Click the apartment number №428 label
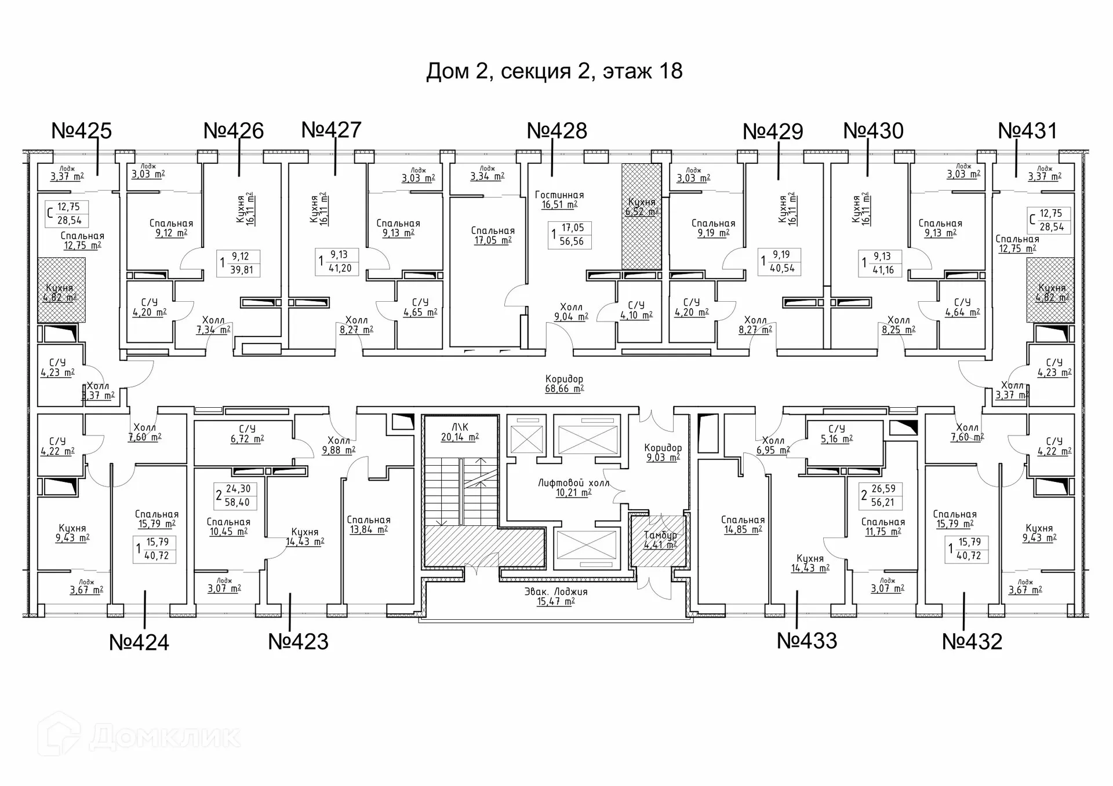point(556,131)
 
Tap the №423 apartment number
point(298,642)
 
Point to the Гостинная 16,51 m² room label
point(559,200)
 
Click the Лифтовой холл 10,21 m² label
point(573,488)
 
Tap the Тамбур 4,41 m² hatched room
point(660,540)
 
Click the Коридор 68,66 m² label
point(564,384)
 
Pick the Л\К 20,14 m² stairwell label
point(460,432)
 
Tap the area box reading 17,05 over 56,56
point(569,235)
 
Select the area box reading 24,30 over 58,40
point(235,496)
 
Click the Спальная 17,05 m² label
point(493,235)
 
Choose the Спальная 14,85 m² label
point(743,525)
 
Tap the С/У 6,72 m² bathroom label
point(247,434)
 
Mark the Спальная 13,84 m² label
point(369,525)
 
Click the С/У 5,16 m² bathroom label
point(836,434)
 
